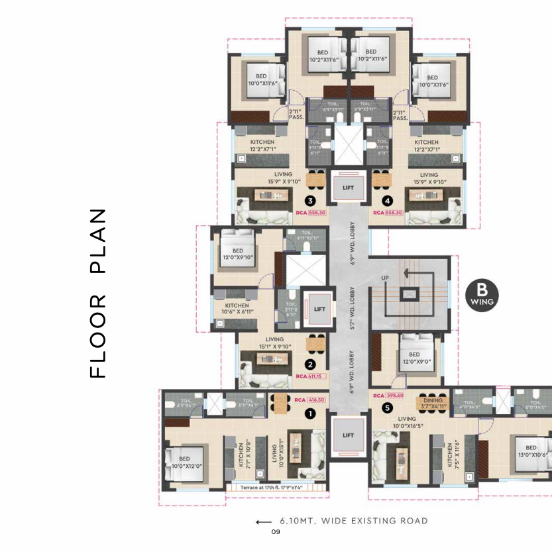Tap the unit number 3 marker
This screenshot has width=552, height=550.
pos(309,201)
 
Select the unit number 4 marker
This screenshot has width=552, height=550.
pos(387,201)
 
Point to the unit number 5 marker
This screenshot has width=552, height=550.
pos(387,408)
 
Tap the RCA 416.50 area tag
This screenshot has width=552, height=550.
pos(309,400)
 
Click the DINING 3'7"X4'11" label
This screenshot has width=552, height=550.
pos(433,404)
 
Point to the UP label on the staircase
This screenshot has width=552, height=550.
pos(384,276)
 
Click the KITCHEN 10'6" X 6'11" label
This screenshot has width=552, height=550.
pos(237,309)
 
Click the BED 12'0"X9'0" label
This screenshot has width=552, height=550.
pos(419,358)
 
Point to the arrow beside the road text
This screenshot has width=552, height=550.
pos(263,522)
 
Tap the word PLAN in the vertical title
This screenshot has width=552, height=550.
pos(97,241)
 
